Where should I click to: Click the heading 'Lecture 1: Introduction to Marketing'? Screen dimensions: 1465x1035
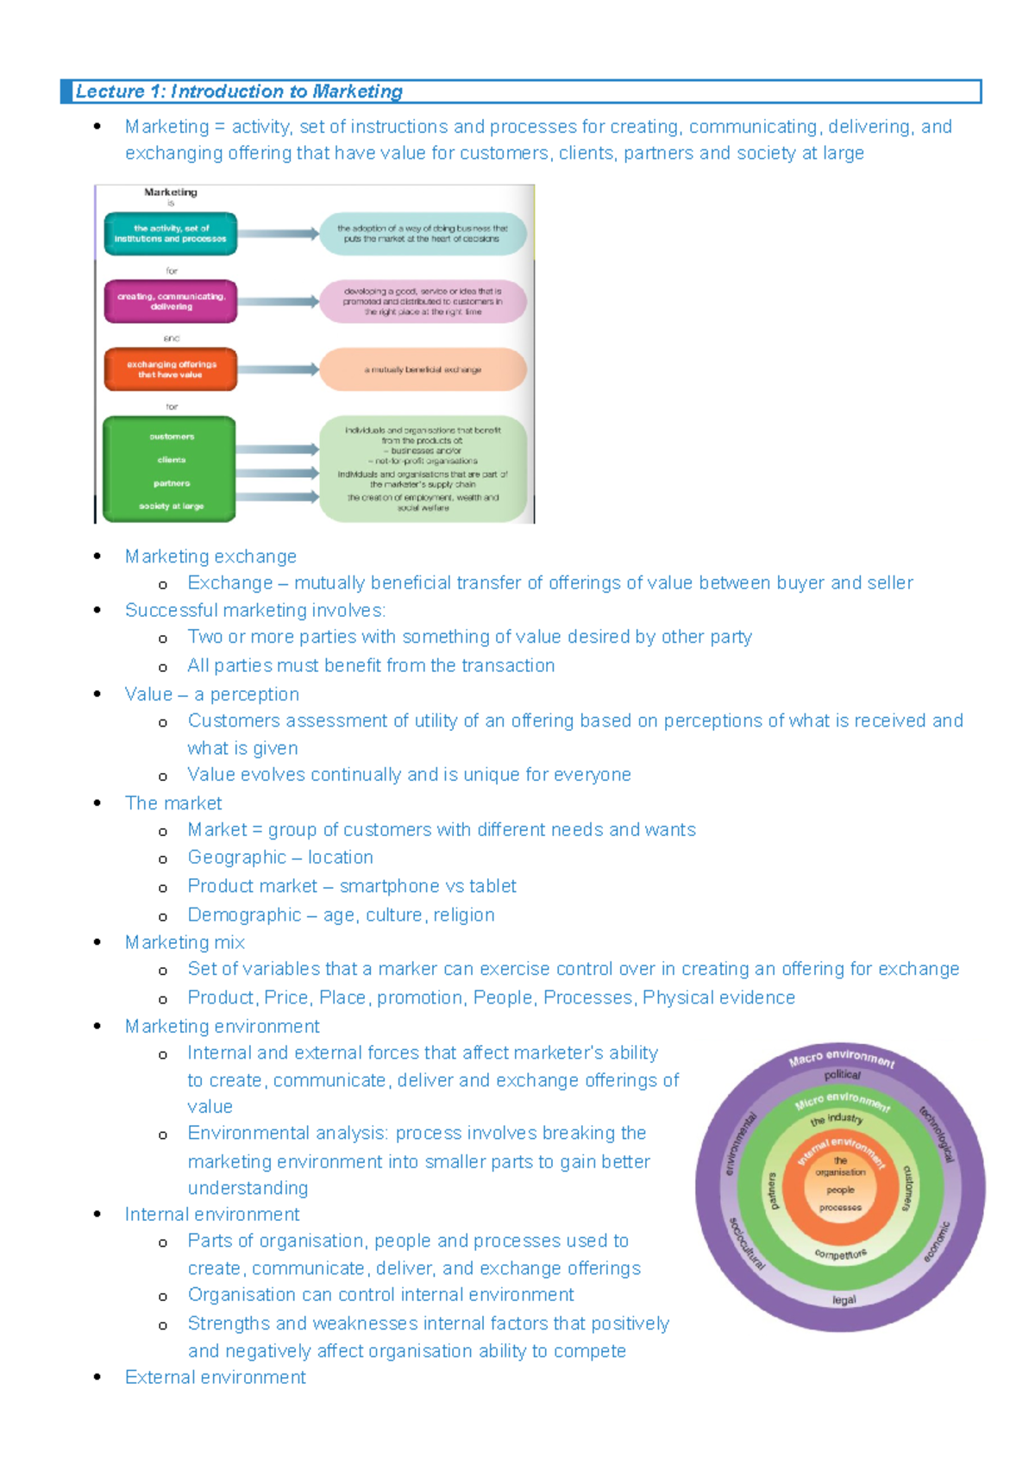click(239, 91)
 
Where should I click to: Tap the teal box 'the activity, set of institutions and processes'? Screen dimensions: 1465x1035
click(171, 234)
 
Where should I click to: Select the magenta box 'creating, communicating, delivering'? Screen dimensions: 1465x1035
click(171, 301)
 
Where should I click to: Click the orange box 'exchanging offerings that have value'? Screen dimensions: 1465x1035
click(171, 369)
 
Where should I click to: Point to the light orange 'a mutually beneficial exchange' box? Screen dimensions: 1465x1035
click(423, 369)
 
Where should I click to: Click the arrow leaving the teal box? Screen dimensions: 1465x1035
click(278, 234)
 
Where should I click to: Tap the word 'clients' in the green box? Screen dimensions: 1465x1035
click(171, 460)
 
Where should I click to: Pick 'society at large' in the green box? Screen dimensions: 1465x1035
click(171, 506)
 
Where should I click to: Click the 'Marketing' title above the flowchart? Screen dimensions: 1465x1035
click(171, 192)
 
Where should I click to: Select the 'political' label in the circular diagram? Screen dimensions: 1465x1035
click(842, 1075)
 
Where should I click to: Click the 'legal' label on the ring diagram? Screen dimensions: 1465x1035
click(844, 1299)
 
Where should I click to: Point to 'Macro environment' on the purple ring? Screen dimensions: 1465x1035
click(841, 1058)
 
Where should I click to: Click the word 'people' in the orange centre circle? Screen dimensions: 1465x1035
click(840, 1190)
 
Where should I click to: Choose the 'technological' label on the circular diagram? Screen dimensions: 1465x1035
click(938, 1134)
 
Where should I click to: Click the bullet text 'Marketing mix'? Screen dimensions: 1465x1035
click(185, 942)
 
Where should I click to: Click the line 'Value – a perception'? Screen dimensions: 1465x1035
click(212, 695)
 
